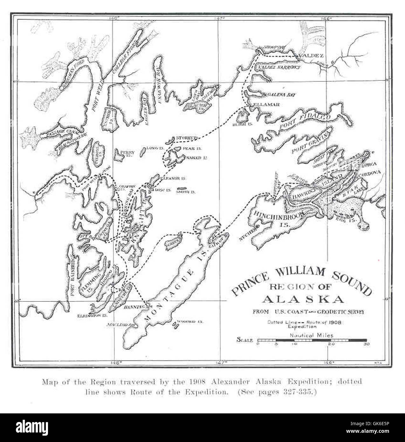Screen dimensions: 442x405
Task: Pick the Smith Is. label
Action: [x=189, y=192]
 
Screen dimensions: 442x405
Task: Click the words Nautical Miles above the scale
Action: [x=312, y=335]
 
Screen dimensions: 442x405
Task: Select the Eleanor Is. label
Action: [x=173, y=178]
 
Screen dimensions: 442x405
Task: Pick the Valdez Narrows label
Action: [x=279, y=68]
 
